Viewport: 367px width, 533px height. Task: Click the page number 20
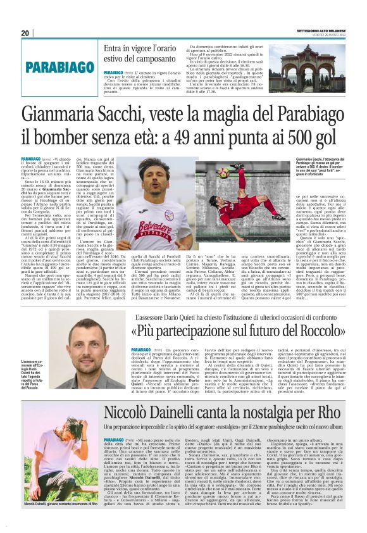click(26, 33)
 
